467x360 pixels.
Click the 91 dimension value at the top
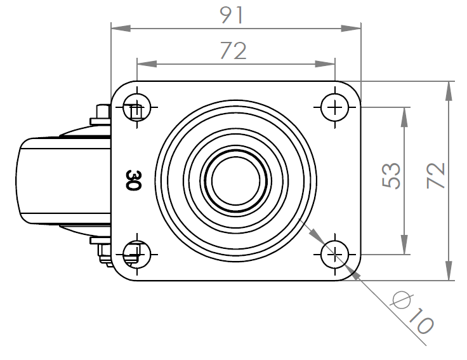(232, 15)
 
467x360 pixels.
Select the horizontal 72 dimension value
(233, 51)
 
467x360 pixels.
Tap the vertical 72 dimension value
(436, 175)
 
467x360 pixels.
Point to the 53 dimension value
(391, 175)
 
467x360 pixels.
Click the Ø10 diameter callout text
(413, 312)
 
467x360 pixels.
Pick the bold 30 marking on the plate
(133, 180)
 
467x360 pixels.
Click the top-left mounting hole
(137, 107)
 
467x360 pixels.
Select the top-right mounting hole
(335, 107)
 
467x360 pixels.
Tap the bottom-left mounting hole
(137, 255)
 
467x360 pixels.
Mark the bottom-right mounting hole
(335, 255)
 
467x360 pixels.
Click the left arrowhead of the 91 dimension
(121, 29)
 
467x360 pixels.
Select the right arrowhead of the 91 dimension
(351, 29)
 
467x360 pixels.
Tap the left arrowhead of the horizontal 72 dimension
(147, 63)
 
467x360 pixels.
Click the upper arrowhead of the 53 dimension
(404, 117)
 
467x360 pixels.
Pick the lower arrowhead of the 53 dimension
(404, 244)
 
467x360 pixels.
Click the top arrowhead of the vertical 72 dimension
(449, 91)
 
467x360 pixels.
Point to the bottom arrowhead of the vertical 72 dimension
(449, 270)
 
